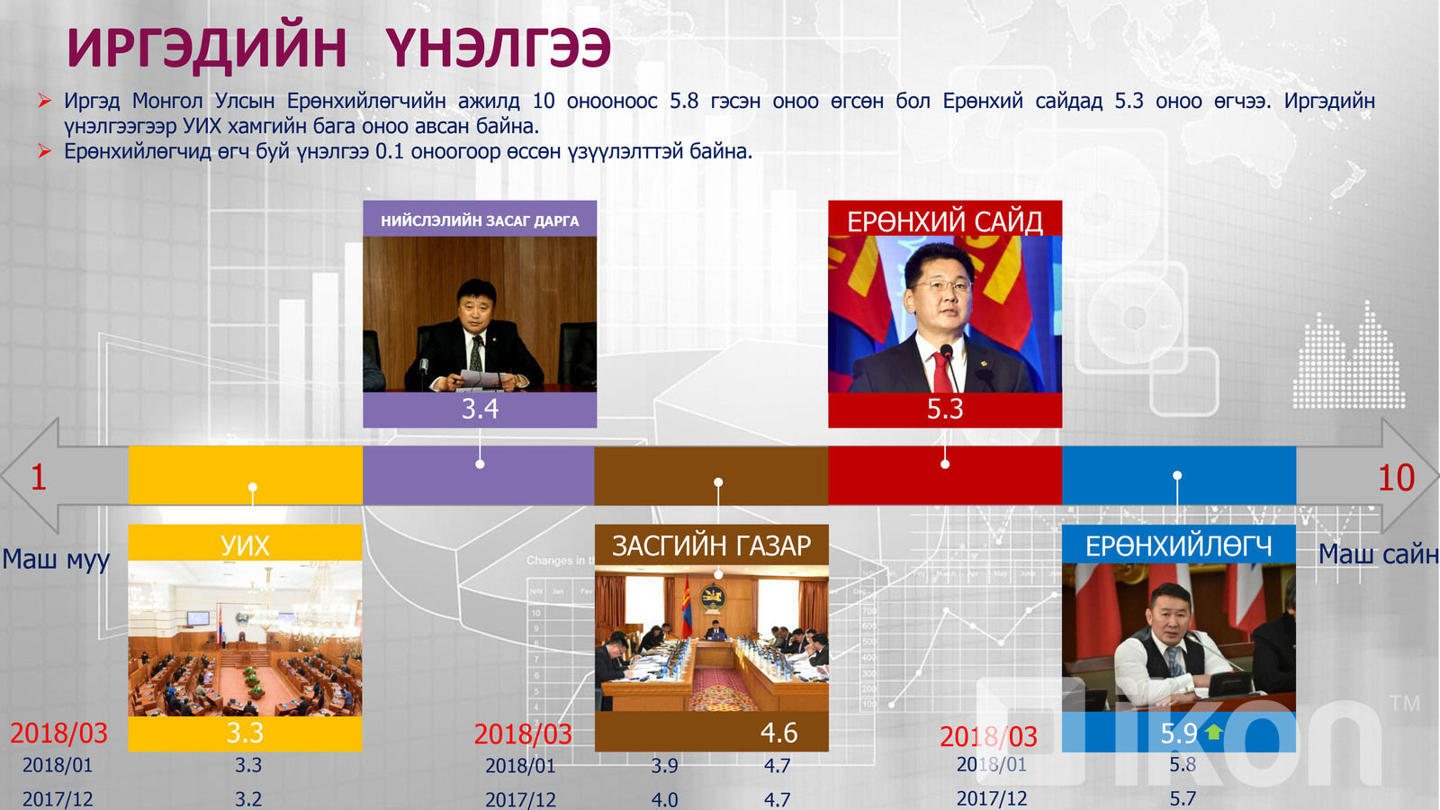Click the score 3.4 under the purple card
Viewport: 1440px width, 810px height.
click(x=480, y=409)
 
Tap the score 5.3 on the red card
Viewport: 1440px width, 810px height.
click(x=944, y=409)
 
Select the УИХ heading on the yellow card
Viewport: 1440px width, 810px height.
click(x=245, y=545)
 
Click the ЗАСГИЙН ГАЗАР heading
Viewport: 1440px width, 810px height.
click(x=712, y=545)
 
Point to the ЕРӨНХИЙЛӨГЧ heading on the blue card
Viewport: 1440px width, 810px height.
click(x=1178, y=546)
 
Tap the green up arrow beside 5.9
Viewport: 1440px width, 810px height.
click(x=1214, y=732)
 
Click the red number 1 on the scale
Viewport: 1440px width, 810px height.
click(x=39, y=478)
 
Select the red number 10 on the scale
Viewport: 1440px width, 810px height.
click(x=1396, y=478)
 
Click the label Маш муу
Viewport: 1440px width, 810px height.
click(x=56, y=559)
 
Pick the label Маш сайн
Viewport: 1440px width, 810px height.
click(x=1378, y=554)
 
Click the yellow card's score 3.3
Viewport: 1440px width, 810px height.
click(x=245, y=733)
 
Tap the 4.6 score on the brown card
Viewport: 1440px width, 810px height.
click(x=778, y=733)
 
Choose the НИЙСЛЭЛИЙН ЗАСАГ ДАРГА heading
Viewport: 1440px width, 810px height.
click(x=480, y=221)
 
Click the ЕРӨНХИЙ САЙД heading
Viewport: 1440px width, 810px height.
click(x=944, y=221)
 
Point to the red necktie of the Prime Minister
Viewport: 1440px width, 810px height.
click(x=941, y=373)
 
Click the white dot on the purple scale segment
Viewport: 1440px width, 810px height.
click(x=480, y=464)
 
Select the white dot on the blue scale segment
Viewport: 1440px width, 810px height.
click(x=1177, y=476)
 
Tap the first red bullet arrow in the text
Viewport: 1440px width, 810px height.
click(x=44, y=100)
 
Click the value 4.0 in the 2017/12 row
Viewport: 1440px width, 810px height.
click(x=664, y=800)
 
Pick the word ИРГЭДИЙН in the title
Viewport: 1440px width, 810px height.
click(x=207, y=48)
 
